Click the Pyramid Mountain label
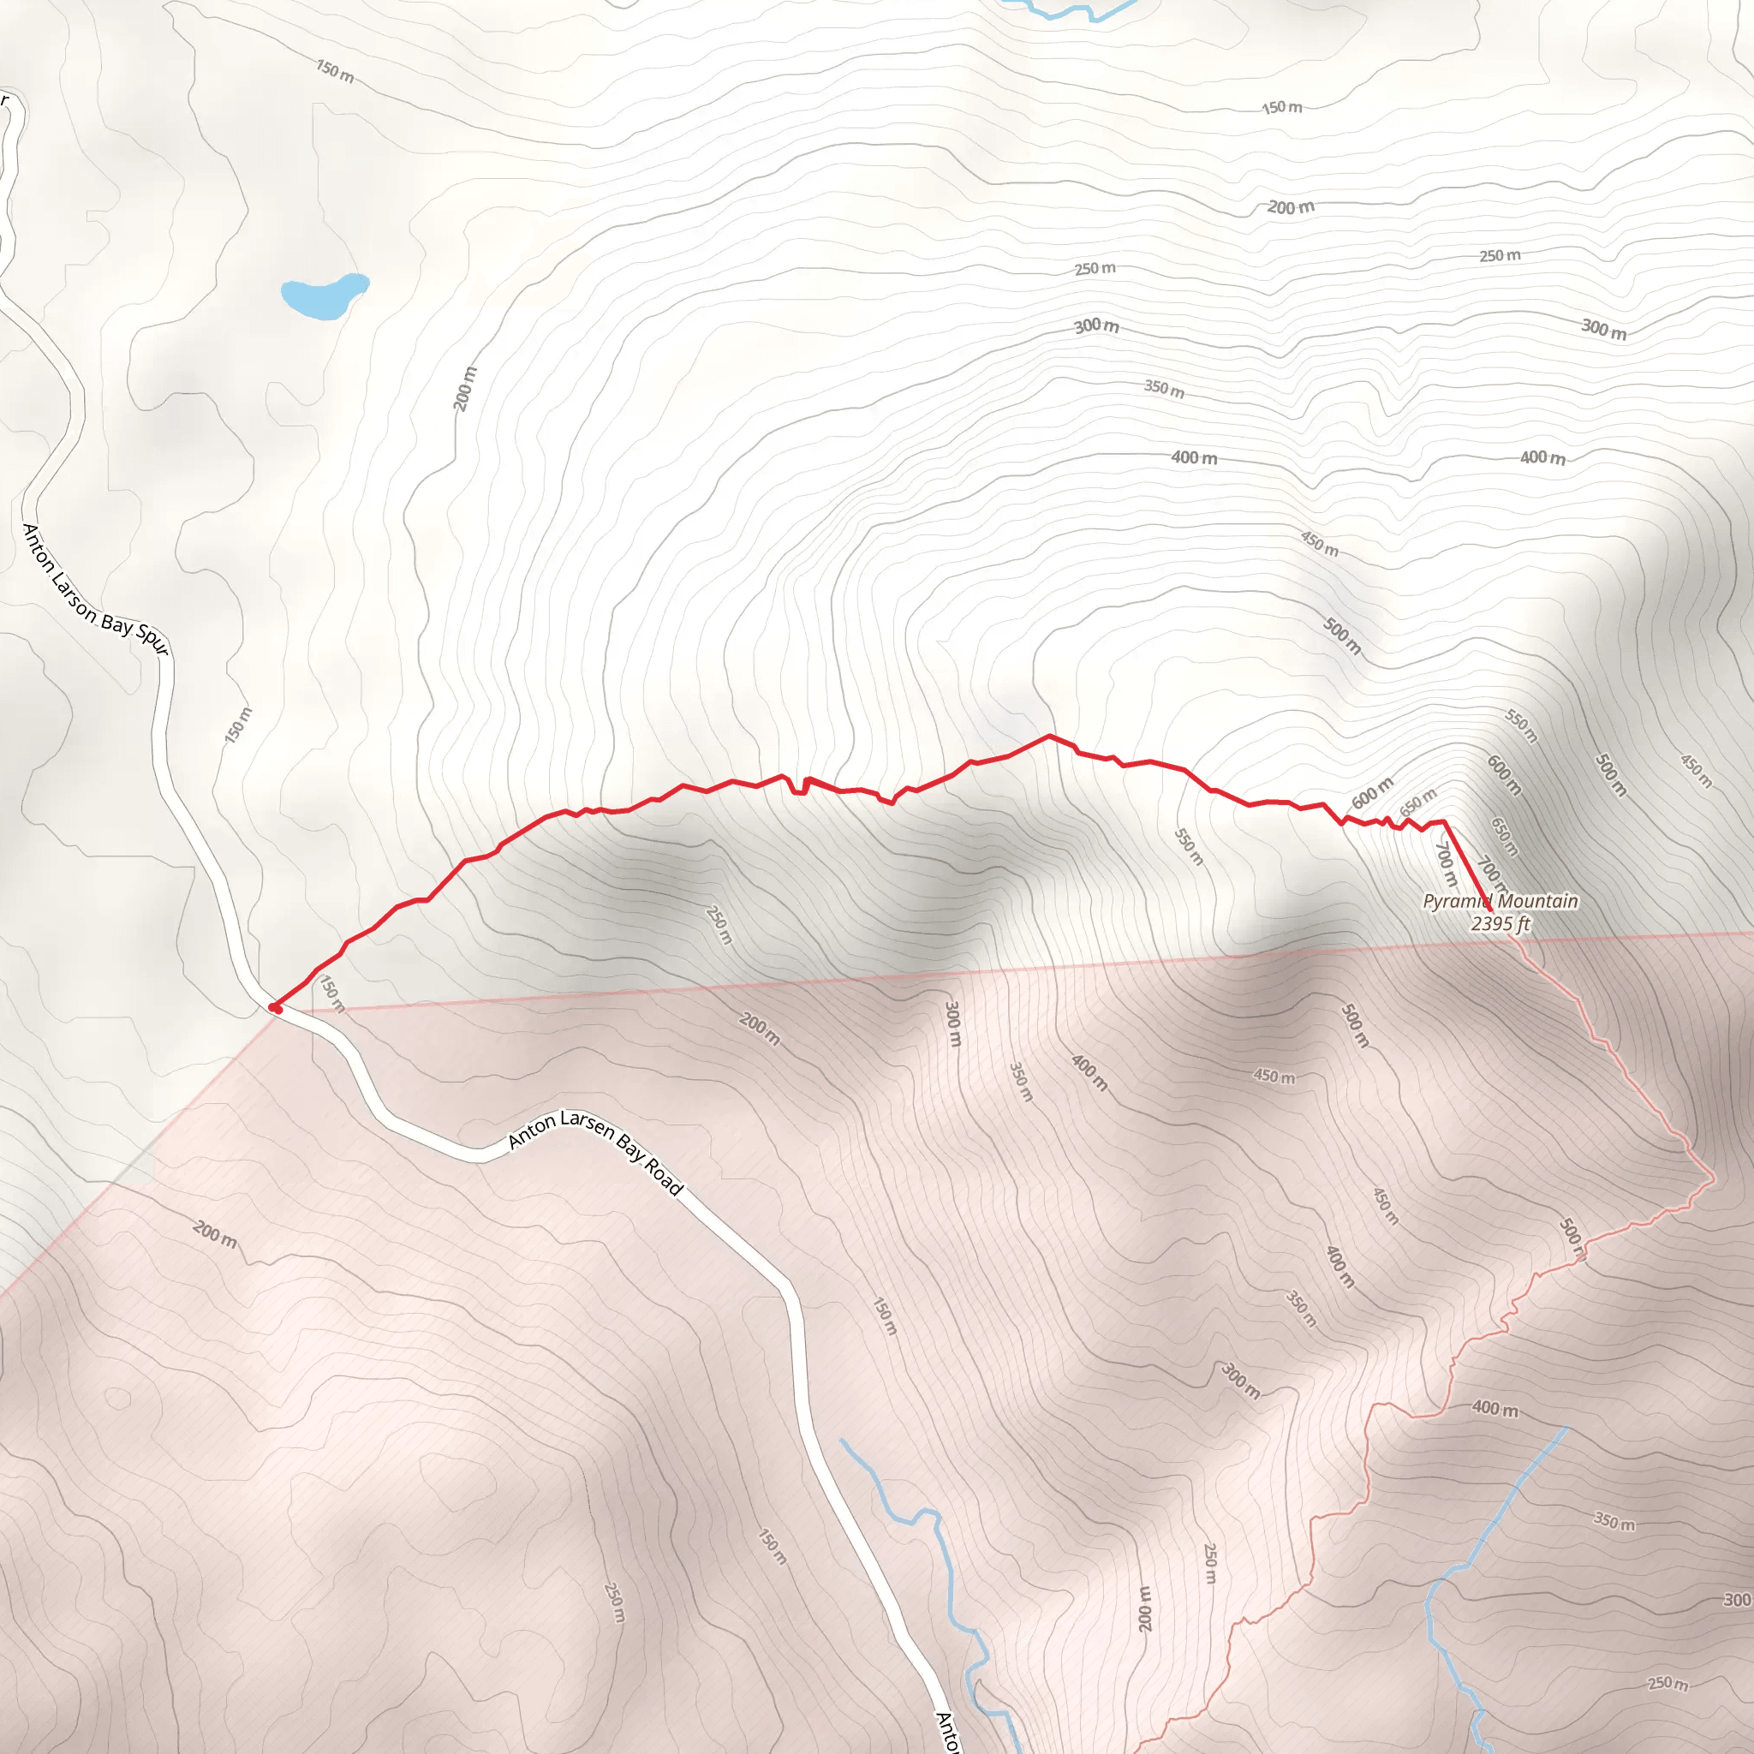(x=1500, y=902)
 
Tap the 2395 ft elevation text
(x=1500, y=924)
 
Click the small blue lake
(x=323, y=296)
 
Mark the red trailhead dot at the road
(x=275, y=1007)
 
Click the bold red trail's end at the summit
(x=1490, y=909)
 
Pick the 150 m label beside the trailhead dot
(x=332, y=994)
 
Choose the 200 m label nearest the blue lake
(x=464, y=389)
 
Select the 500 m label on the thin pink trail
(x=1573, y=1238)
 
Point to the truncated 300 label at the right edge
(x=1738, y=1625)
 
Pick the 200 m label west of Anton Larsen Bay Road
(x=215, y=1234)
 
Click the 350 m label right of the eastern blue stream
(x=1614, y=1521)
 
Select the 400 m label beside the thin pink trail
(x=1494, y=1408)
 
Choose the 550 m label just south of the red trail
(x=1189, y=846)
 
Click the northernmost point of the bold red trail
(x=1049, y=736)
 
